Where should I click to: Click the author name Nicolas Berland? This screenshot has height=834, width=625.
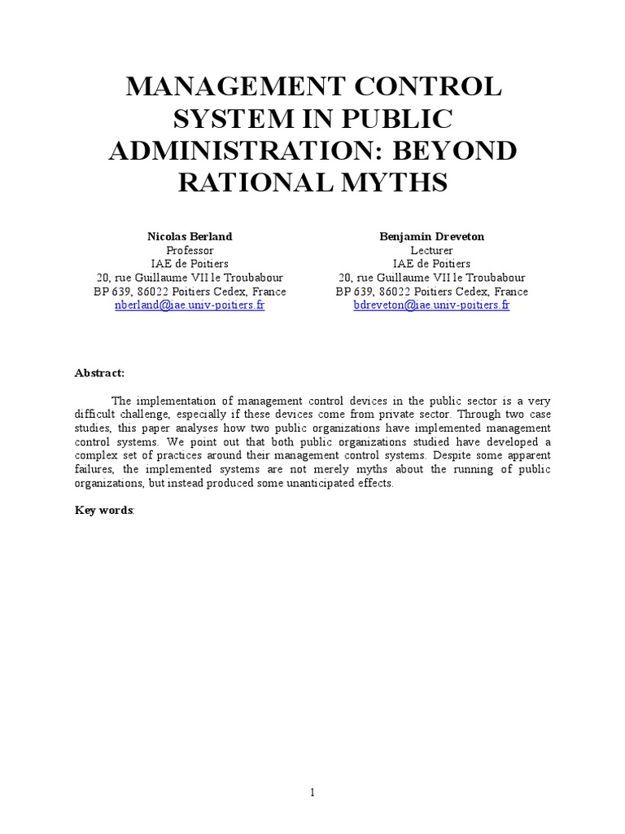click(x=189, y=236)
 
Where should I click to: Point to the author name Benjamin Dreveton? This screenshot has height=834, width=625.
click(x=431, y=236)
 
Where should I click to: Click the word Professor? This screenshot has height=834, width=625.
click(x=189, y=250)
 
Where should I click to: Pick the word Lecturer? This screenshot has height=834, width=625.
click(x=431, y=250)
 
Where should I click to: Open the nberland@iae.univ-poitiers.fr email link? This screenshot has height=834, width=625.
click(x=189, y=305)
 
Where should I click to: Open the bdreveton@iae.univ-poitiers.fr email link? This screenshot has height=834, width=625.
click(x=431, y=305)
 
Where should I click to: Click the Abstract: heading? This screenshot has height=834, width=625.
click(x=100, y=372)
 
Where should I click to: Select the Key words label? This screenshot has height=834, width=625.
click(x=105, y=510)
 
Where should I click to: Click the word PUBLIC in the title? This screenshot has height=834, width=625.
click(x=398, y=117)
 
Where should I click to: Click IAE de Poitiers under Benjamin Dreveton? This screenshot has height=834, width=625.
click(x=431, y=264)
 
